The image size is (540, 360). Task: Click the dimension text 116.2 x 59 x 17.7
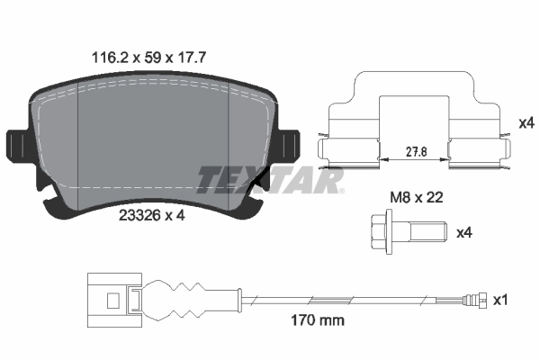(149, 56)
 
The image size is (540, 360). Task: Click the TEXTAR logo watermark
(270, 181)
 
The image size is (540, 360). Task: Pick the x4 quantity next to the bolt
(464, 232)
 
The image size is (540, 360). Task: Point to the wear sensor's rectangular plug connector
(107, 298)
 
